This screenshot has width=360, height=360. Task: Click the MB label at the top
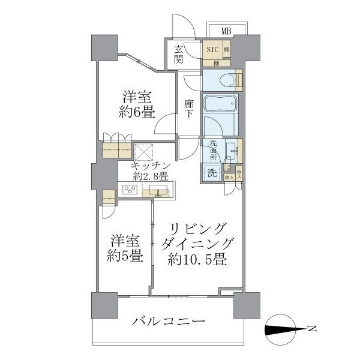click(226, 31)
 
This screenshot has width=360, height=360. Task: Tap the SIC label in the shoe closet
click(212, 50)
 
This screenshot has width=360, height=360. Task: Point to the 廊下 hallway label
click(188, 107)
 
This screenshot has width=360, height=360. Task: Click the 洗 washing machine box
click(212, 173)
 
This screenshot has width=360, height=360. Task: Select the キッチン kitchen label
click(153, 166)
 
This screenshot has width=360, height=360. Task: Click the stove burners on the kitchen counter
click(130, 191)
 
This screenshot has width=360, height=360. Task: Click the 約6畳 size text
click(137, 111)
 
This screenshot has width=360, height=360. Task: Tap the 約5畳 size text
click(125, 255)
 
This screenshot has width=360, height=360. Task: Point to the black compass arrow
click(283, 328)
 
